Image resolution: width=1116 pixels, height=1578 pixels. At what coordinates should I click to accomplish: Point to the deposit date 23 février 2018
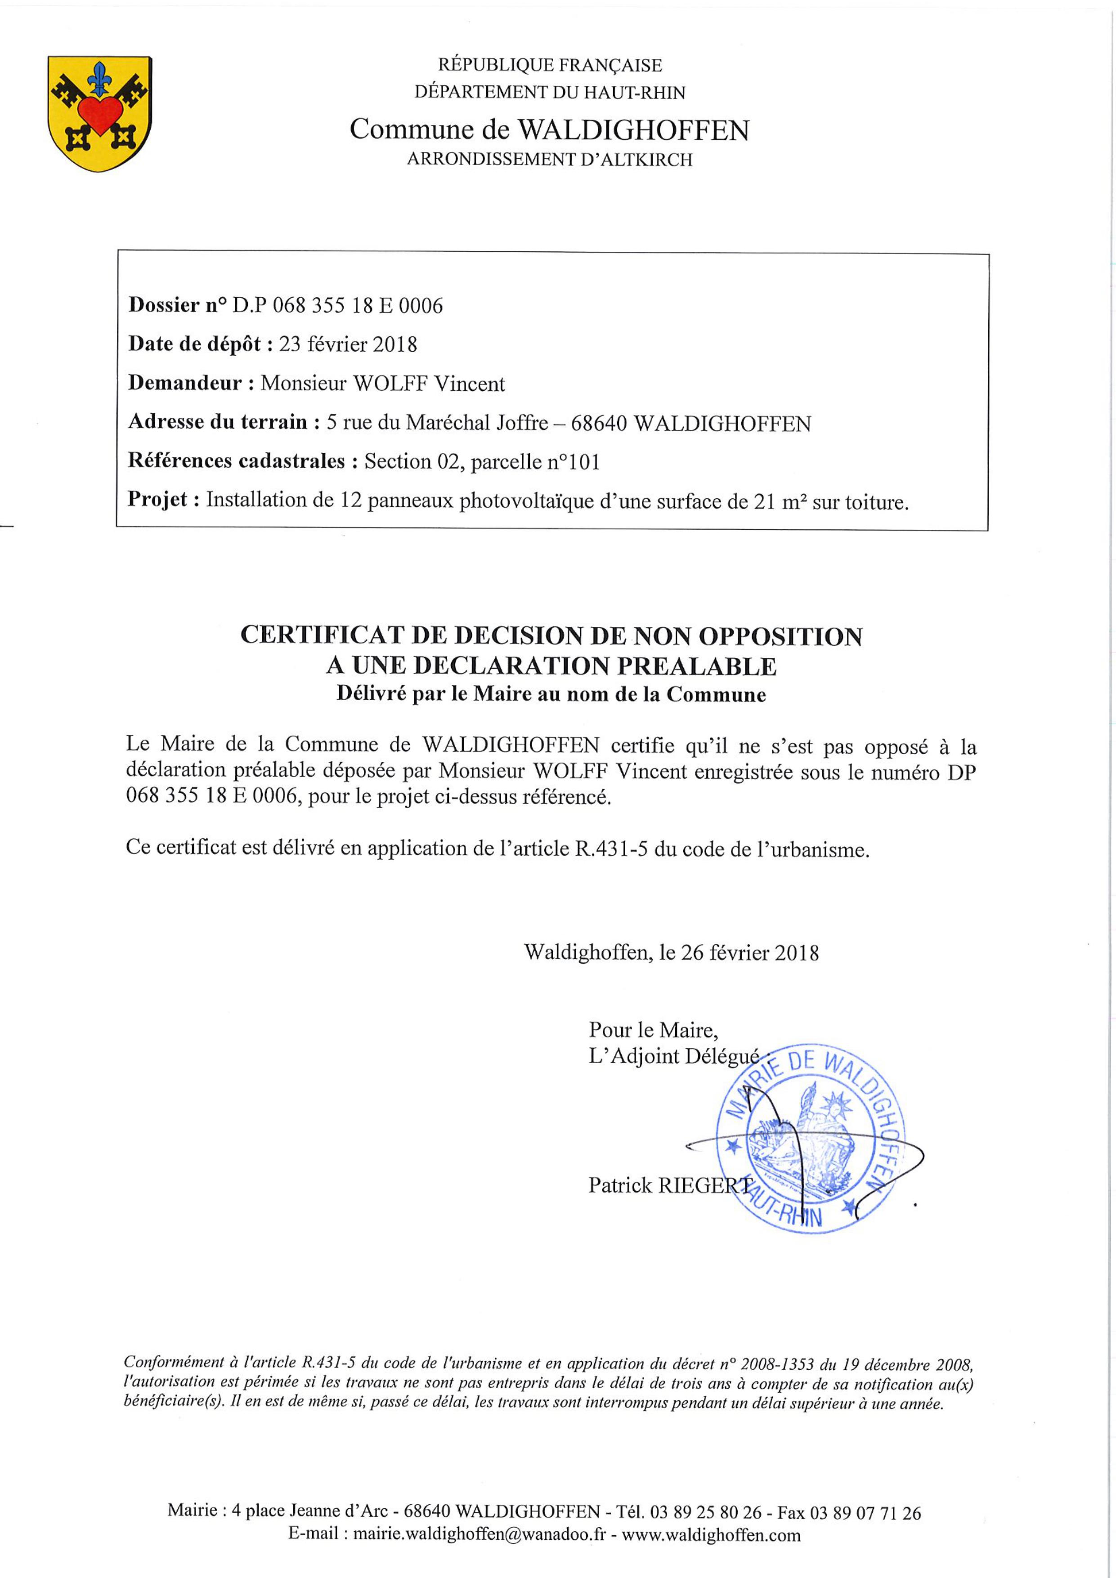pos(348,344)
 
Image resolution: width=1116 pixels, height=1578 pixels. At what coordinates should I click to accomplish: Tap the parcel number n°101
pos(573,462)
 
